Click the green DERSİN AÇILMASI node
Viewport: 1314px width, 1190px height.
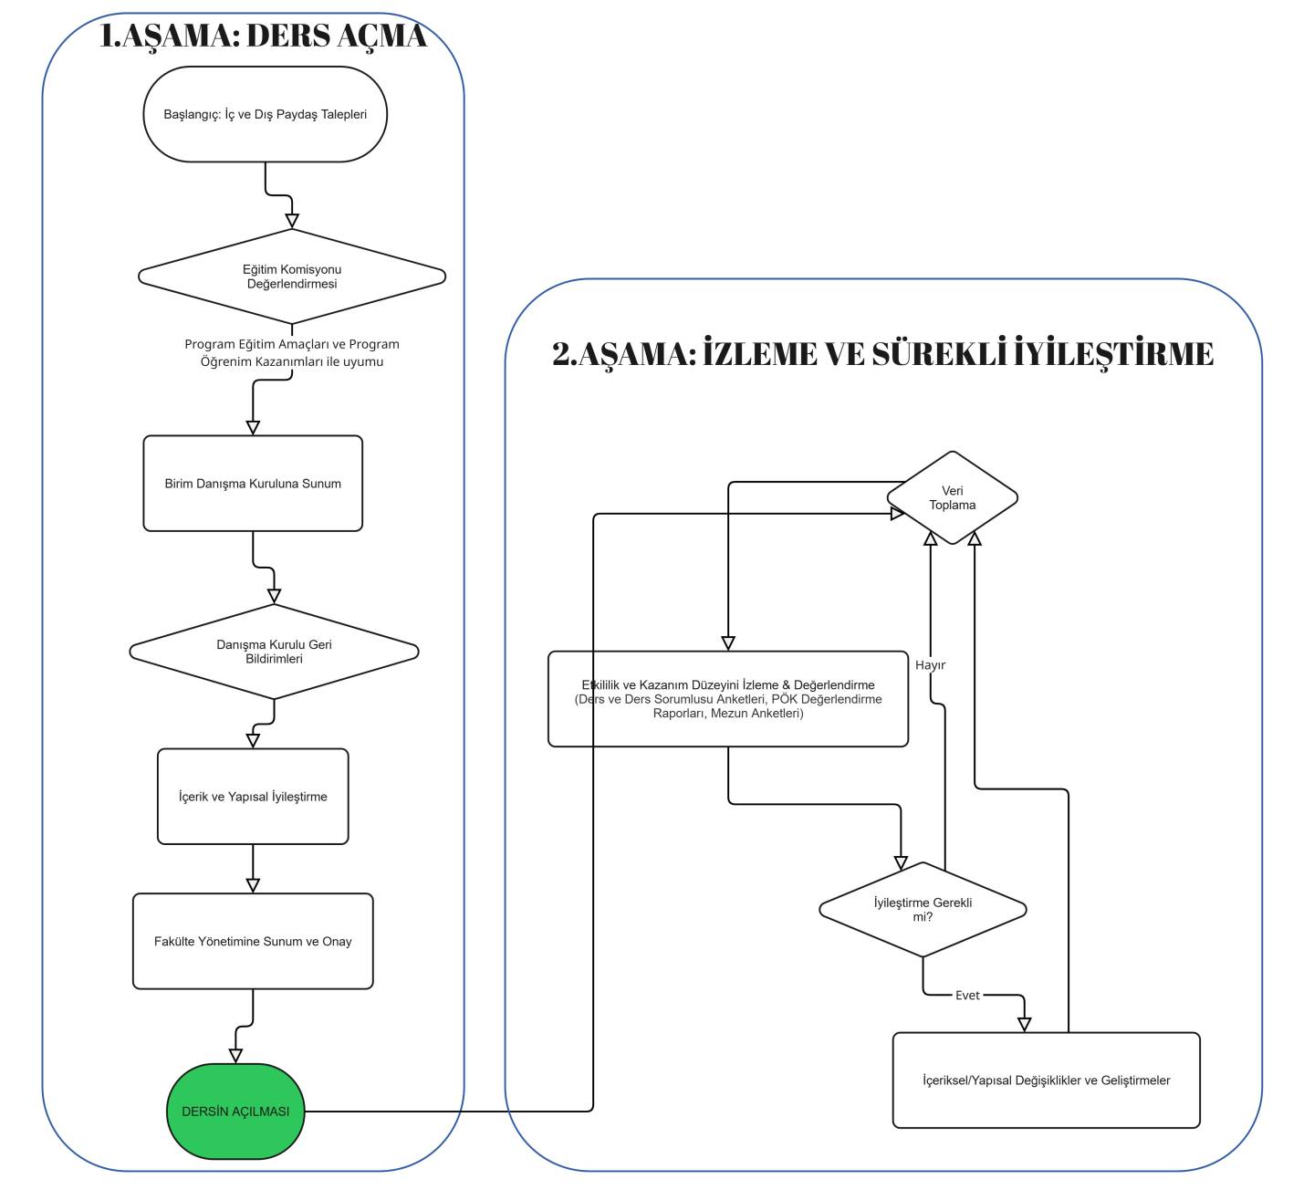pos(235,1112)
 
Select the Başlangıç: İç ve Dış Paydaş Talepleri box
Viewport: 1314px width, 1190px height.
pos(266,114)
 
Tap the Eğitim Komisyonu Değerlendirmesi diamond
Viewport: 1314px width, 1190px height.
pos(292,277)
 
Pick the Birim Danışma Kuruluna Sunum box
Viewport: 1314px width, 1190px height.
pos(253,484)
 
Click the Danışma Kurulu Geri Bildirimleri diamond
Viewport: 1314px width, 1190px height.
pos(274,652)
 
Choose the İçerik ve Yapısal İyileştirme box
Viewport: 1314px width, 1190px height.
pos(253,797)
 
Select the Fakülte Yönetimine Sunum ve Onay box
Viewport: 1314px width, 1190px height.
pos(253,941)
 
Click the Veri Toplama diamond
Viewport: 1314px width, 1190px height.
pos(952,498)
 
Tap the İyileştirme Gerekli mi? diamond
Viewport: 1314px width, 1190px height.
pos(923,910)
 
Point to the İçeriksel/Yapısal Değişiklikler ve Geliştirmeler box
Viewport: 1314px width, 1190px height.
pos(1046,1080)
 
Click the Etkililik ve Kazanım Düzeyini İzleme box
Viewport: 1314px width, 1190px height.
pos(728,699)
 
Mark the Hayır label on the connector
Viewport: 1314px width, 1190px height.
pos(930,665)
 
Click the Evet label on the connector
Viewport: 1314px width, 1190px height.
pos(967,996)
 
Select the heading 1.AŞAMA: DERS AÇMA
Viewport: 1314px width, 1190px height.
pos(263,35)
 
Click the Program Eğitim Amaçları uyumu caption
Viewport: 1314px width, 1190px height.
pos(292,353)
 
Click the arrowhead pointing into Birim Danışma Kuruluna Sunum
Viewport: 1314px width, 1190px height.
pos(253,427)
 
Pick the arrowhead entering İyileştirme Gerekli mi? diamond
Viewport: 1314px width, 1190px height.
pos(901,862)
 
